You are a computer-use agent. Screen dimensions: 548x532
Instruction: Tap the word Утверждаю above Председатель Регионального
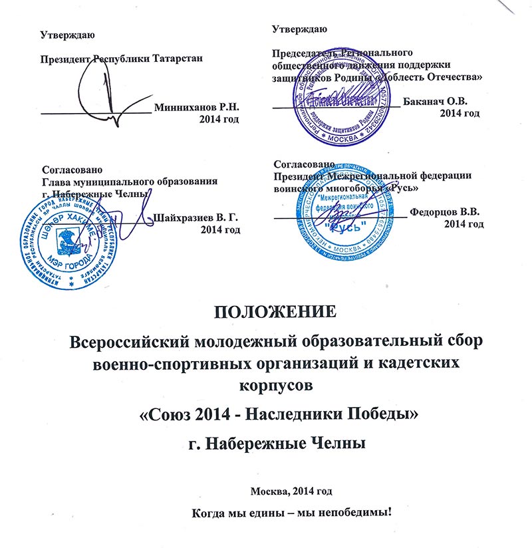[x=300, y=29]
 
